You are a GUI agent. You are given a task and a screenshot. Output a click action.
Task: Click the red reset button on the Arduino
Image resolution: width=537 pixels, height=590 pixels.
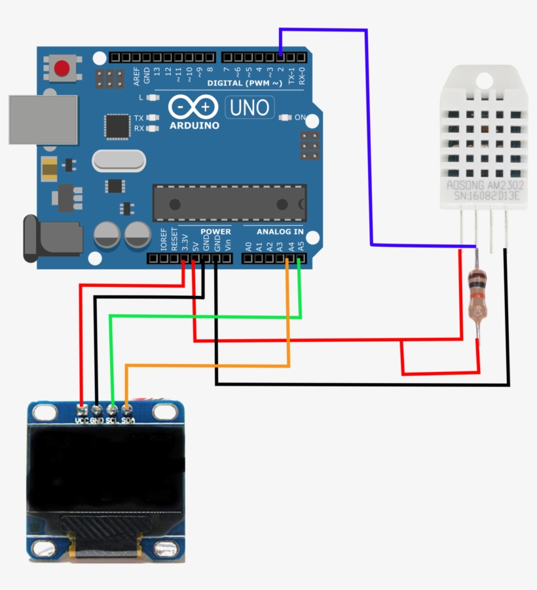click(62, 68)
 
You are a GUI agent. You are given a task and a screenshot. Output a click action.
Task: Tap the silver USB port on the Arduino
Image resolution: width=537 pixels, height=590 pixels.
click(43, 119)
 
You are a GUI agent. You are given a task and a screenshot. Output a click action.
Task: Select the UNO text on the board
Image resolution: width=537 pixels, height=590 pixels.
click(250, 107)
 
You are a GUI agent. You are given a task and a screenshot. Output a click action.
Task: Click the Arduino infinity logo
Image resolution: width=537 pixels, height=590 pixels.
click(193, 107)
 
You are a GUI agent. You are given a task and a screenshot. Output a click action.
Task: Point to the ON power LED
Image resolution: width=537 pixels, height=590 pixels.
click(285, 118)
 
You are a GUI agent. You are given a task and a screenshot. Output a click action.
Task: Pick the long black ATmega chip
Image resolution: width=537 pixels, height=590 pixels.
click(229, 202)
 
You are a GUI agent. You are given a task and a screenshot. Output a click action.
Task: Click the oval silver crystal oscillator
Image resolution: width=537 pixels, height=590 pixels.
click(119, 160)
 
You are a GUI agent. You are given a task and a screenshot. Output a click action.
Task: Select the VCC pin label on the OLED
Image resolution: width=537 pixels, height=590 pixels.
click(81, 420)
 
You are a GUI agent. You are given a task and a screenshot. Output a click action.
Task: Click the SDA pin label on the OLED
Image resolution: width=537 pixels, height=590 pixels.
click(128, 420)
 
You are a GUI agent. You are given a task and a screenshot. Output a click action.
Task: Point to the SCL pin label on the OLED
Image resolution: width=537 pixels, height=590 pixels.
click(113, 420)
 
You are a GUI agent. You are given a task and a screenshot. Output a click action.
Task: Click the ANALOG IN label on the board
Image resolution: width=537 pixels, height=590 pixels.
click(280, 232)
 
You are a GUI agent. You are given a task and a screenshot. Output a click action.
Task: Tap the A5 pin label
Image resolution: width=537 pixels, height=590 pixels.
click(301, 247)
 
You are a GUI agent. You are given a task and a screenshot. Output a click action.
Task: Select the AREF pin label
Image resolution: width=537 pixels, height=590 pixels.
click(136, 77)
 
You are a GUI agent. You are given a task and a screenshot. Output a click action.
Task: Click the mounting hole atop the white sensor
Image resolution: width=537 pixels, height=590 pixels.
click(483, 80)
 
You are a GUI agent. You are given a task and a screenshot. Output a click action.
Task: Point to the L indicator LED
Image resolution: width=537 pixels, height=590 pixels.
click(153, 97)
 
